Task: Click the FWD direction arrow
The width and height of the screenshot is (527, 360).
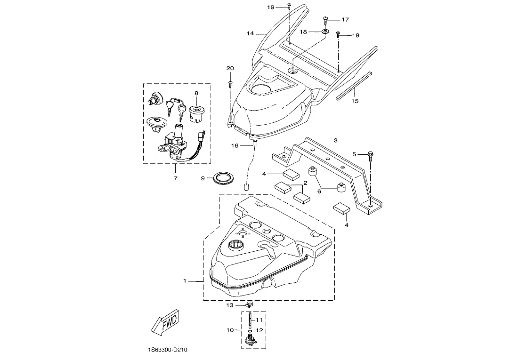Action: pos(164,322)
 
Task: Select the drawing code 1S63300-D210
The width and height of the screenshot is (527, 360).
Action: pos(167,350)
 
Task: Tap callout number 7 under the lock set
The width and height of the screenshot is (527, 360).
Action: pos(176,178)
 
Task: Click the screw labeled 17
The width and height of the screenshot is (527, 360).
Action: pos(325,20)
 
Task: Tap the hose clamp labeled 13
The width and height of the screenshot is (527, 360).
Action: pos(249,305)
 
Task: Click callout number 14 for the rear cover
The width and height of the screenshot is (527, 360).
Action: pos(251,33)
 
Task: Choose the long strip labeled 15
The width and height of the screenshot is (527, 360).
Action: pos(353,85)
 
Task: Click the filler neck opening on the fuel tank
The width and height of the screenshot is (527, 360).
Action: pos(235,245)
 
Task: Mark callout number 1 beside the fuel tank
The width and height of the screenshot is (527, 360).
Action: pos(185,281)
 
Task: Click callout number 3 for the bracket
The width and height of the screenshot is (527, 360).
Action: pos(335,140)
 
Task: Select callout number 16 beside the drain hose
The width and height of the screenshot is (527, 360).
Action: pos(235,146)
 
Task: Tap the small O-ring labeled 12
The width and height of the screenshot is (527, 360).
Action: pos(251,330)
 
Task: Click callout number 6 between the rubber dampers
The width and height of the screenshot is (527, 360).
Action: pos(319,191)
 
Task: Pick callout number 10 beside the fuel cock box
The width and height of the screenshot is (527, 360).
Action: pos(230,330)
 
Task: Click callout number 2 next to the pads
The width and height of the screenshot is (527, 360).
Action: pos(306,183)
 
